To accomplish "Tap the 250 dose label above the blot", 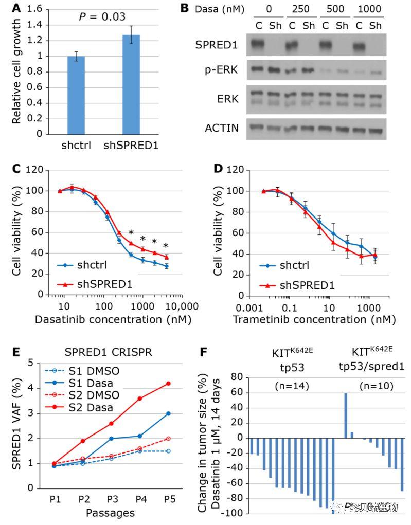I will pyautogui.click(x=297, y=10).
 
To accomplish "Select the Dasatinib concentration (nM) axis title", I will pyautogui.click(x=113, y=319).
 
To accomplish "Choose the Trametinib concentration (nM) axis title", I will pyautogui.click(x=314, y=319).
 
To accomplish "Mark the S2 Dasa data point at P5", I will pyautogui.click(x=168, y=383).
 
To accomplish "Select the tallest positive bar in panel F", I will pyautogui.click(x=346, y=415).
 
